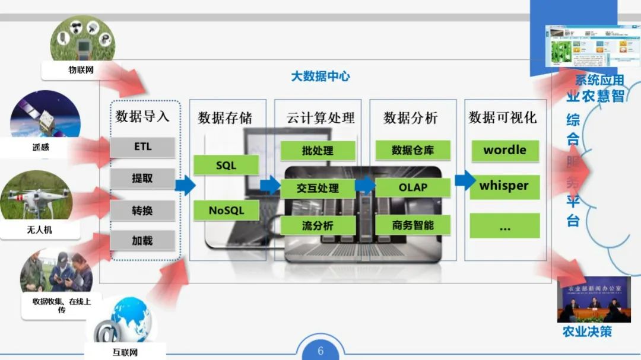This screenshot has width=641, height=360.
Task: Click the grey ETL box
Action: [142, 147]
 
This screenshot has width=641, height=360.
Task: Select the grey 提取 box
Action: [142, 178]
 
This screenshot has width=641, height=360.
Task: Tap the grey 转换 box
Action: [142, 210]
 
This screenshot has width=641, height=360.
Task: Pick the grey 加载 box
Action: [142, 240]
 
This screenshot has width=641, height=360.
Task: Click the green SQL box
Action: [226, 165]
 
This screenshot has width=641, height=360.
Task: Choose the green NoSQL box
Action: [226, 210]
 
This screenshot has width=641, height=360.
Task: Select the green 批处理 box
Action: [318, 151]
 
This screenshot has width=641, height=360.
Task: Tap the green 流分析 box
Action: [318, 225]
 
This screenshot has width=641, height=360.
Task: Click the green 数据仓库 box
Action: [412, 151]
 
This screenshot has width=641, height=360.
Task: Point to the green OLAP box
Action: [412, 187]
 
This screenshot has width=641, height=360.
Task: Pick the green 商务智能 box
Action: [412, 225]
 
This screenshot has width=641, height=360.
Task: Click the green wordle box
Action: [504, 150]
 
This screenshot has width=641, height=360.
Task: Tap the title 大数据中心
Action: [320, 77]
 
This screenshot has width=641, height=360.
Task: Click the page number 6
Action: [320, 351]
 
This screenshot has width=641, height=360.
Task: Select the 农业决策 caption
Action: [587, 332]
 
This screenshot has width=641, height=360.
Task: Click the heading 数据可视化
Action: [502, 117]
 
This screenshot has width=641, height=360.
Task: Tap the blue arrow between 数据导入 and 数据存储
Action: [185, 186]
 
